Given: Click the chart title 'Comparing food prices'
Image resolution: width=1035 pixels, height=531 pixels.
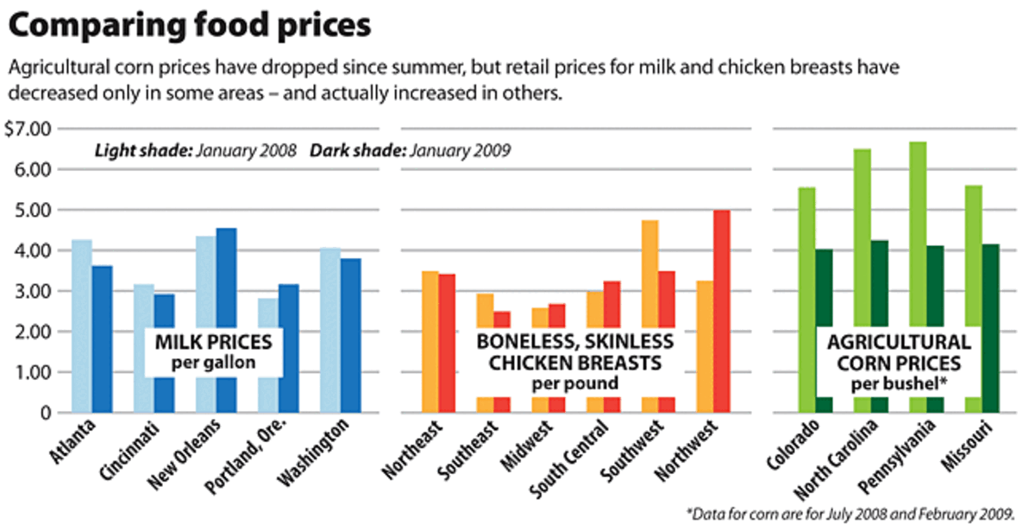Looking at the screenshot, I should pos(190,26).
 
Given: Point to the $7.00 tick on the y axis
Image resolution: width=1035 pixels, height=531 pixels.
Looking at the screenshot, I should pos(28,130).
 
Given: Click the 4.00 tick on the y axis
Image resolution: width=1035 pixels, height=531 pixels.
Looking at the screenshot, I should pos(34,250).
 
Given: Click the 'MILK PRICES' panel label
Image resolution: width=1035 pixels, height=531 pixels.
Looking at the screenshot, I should pos(213,343).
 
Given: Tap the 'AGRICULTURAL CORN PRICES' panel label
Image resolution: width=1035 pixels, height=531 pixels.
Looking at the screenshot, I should pos(899,352).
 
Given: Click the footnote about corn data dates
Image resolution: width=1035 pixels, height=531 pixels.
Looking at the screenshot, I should pos(851,514).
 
